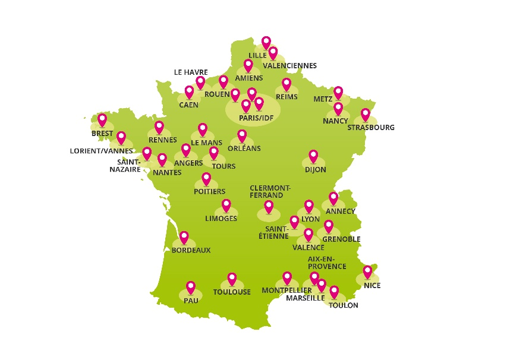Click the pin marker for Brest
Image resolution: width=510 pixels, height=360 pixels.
click(x=102, y=119)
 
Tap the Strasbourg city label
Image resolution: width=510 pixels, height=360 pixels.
click(x=371, y=128)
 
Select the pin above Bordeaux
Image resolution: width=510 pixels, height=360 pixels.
click(x=184, y=238)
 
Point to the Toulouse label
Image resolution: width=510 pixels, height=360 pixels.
click(x=232, y=292)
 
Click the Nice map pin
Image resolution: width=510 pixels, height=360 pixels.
click(x=368, y=271)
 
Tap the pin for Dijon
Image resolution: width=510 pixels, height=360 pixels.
click(x=313, y=156)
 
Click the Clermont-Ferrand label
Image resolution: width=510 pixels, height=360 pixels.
click(x=270, y=191)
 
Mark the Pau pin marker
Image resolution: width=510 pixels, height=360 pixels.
click(x=191, y=288)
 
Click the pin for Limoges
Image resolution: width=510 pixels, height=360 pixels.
click(x=226, y=206)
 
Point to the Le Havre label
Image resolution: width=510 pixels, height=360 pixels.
click(x=191, y=72)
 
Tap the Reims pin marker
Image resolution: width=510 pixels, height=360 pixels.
click(x=287, y=84)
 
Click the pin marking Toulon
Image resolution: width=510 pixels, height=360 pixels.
click(x=334, y=292)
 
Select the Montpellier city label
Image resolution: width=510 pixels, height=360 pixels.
click(x=287, y=290)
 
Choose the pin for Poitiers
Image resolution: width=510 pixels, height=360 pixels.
click(x=206, y=178)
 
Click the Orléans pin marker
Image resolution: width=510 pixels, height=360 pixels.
click(x=242, y=136)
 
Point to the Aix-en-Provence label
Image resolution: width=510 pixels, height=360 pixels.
click(x=327, y=263)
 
